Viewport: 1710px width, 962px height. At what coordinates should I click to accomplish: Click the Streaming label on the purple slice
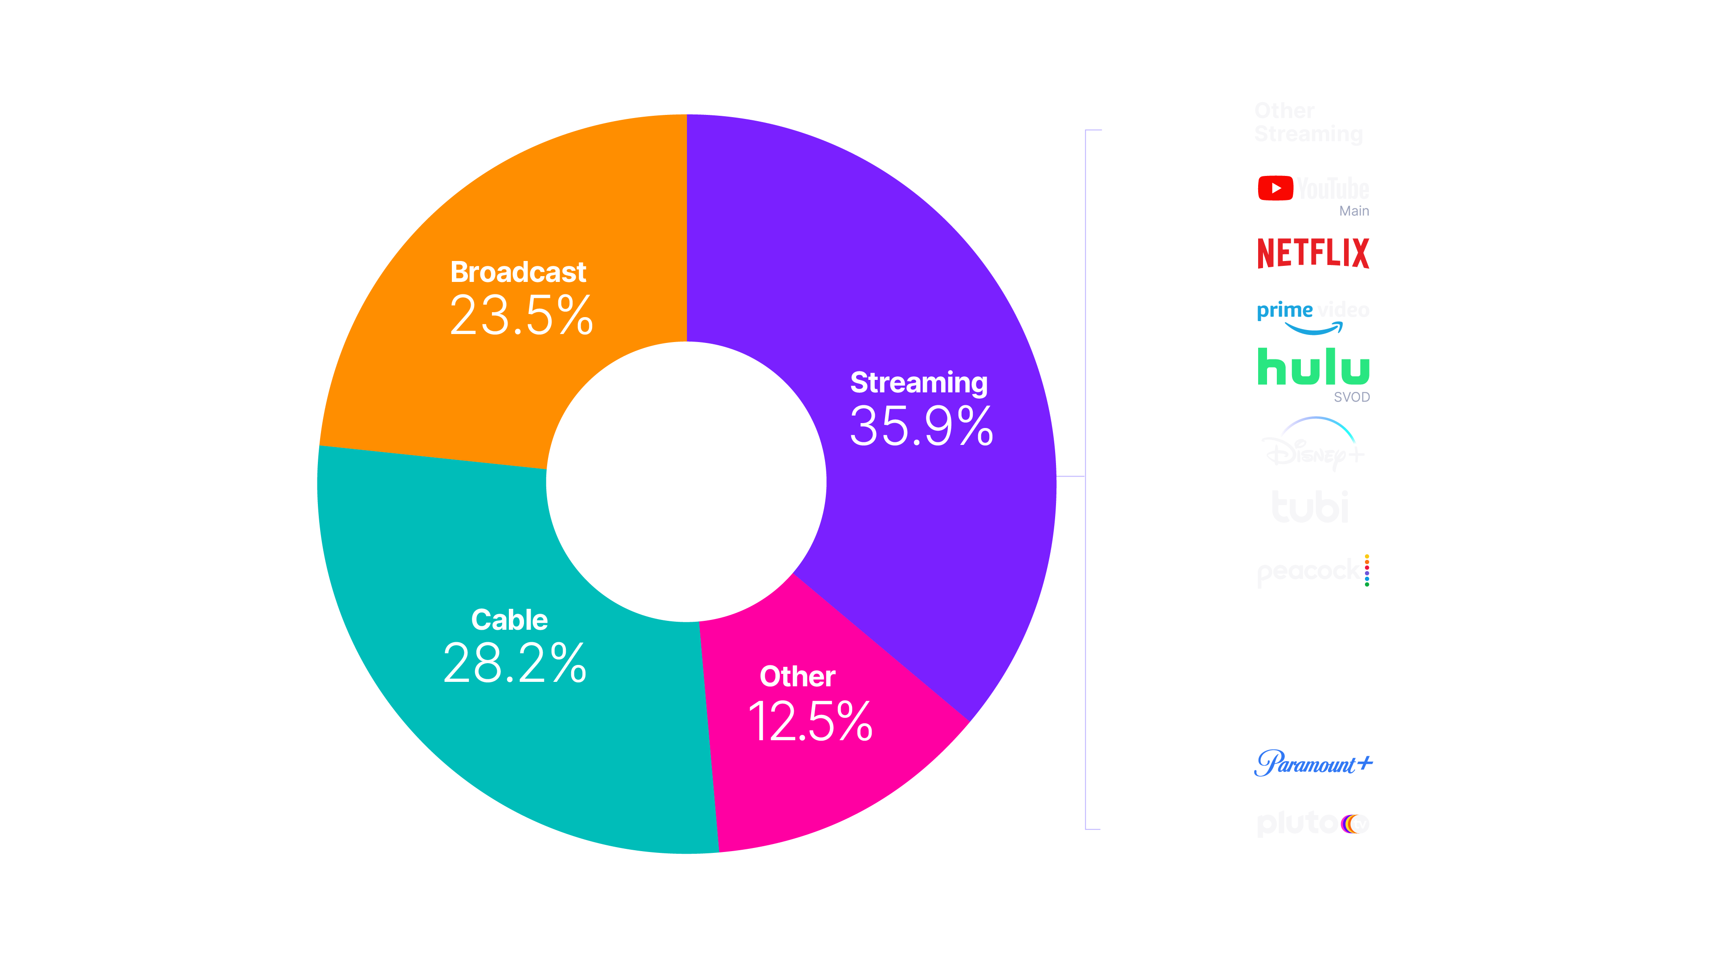[x=919, y=383]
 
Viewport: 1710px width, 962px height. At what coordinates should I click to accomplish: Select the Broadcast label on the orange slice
[x=518, y=272]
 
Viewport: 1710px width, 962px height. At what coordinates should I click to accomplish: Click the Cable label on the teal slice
[x=509, y=620]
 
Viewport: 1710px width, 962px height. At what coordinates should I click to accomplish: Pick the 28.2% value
[x=515, y=663]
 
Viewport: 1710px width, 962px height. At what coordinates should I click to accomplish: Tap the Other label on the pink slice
[x=797, y=677]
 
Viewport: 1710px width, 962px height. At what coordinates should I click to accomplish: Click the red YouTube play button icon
[x=1275, y=188]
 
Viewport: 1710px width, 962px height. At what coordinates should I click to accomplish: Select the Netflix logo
[x=1313, y=253]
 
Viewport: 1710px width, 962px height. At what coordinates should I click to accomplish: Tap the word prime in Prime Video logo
[x=1284, y=310]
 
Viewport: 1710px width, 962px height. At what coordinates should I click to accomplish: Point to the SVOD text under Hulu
[x=1352, y=397]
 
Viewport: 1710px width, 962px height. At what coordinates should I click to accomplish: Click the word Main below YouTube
[x=1353, y=211]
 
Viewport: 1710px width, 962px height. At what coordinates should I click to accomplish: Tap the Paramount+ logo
[x=1313, y=763]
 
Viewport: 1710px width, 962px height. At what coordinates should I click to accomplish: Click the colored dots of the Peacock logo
[x=1367, y=570]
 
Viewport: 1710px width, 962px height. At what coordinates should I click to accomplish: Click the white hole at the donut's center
[x=686, y=481]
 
